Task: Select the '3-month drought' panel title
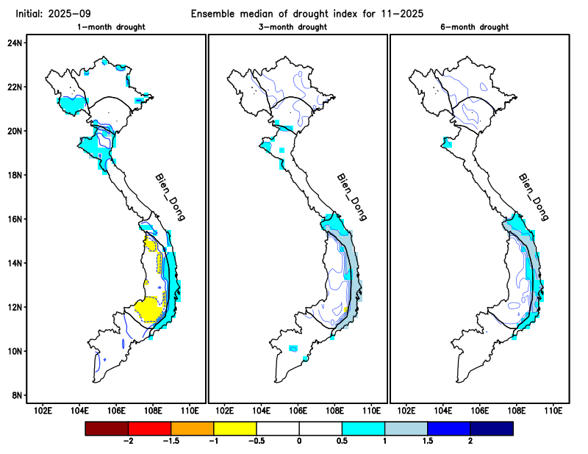click(x=298, y=27)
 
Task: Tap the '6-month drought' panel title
click(x=478, y=27)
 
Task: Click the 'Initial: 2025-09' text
click(x=48, y=13)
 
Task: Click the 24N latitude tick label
click(x=15, y=43)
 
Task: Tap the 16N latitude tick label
click(x=15, y=219)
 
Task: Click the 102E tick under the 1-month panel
click(x=43, y=410)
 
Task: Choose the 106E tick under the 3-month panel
click(x=298, y=410)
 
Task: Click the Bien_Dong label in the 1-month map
click(x=170, y=197)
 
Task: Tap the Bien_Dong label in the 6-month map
click(x=534, y=197)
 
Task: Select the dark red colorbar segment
click(x=107, y=427)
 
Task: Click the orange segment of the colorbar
click(x=192, y=427)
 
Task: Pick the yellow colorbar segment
click(x=234, y=427)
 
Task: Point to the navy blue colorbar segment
click(x=491, y=427)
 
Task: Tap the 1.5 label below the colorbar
click(x=427, y=441)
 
